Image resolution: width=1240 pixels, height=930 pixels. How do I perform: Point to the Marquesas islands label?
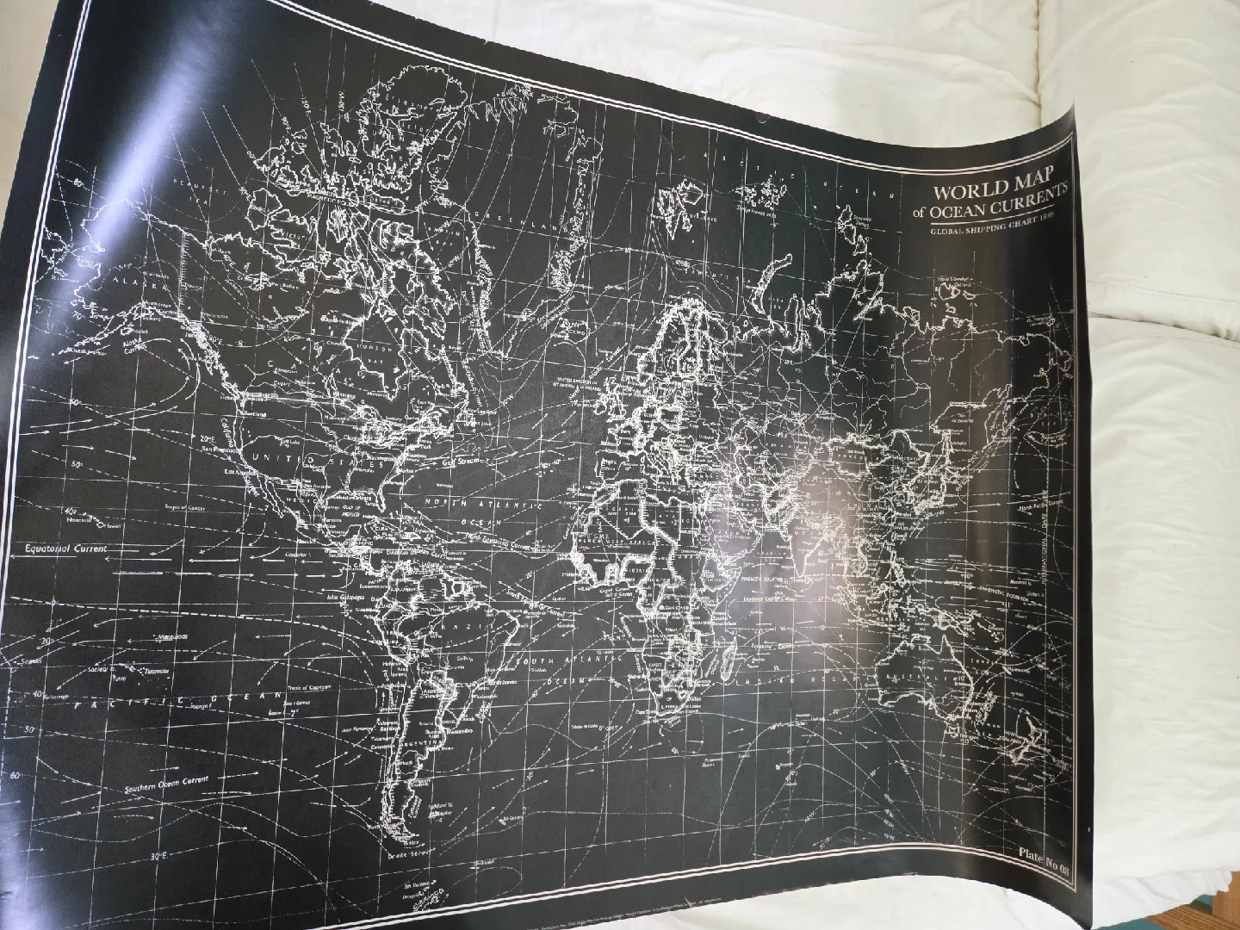click(x=173, y=636)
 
